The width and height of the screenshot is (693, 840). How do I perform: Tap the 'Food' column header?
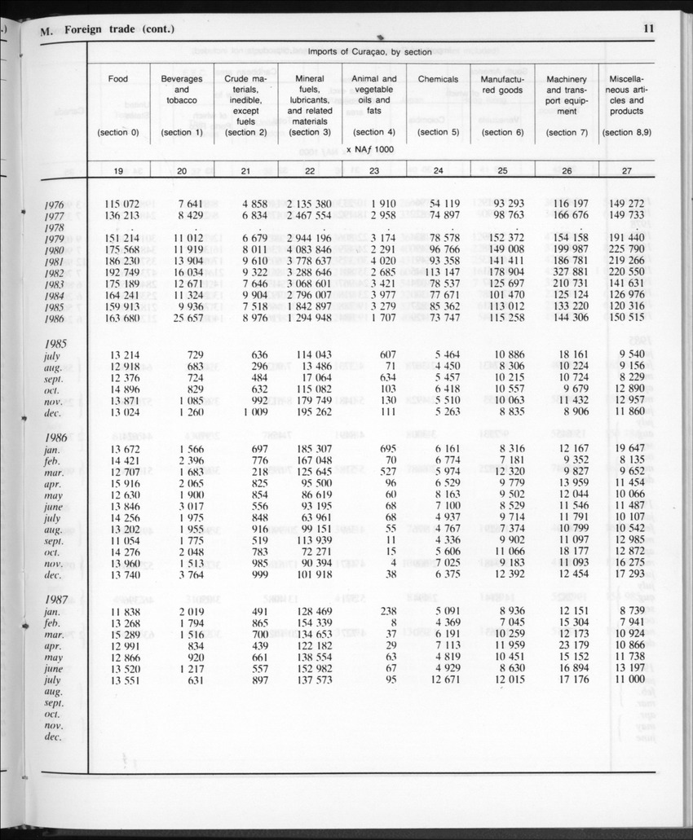[x=118, y=79]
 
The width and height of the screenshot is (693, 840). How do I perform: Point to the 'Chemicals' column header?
[x=438, y=79]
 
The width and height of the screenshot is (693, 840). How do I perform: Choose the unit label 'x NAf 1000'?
[x=369, y=150]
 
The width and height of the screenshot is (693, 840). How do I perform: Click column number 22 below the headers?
[x=310, y=170]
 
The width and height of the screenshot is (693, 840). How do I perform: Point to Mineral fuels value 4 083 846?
[x=309, y=249]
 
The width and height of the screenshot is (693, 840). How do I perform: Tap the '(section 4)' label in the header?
[x=374, y=132]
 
